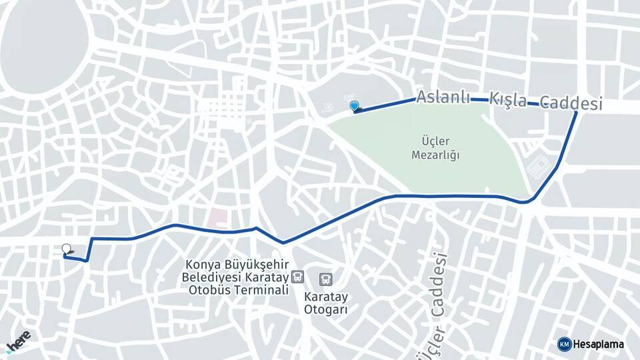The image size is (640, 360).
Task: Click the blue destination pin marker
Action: click(354, 105)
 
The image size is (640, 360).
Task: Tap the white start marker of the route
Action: click(66, 249)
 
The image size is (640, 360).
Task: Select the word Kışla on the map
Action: click(508, 100)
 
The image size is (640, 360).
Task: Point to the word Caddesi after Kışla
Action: click(571, 103)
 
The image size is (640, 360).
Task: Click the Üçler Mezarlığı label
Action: click(436, 147)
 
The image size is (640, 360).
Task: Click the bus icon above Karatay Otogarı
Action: click(327, 279)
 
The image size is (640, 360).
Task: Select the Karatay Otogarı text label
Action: click(326, 303)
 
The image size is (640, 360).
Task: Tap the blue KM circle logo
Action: click(564, 344)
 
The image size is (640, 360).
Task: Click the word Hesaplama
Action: click(599, 345)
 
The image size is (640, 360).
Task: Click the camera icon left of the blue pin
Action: click(327, 107)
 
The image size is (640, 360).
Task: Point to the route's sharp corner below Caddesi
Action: click(576, 113)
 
